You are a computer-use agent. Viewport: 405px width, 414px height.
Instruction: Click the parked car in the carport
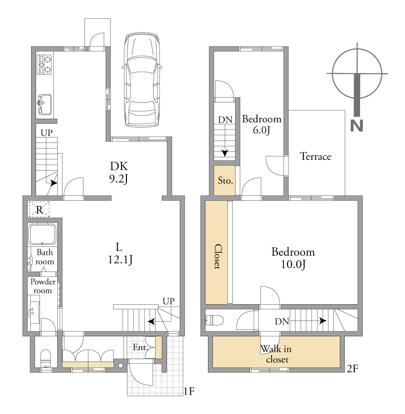pos(142,80)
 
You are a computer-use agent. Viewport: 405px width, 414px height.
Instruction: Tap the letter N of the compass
pos(357,126)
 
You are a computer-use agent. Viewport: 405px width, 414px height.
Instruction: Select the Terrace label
pos(315,156)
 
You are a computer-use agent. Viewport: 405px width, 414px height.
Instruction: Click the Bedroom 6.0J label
pos(262,124)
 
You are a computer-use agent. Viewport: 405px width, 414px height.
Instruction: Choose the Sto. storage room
pos(224,181)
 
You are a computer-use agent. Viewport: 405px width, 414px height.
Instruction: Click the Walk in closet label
pos(276,354)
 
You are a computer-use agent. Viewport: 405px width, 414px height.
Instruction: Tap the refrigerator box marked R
pos(39,209)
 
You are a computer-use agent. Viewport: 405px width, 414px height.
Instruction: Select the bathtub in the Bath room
pos(42,234)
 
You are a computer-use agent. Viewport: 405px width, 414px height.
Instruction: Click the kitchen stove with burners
pos(44,64)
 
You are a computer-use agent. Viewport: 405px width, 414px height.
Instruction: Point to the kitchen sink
pos(45,104)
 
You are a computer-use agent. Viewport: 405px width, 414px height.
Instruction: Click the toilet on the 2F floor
pos(214,321)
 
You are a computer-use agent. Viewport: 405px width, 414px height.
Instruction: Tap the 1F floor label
pos(189,391)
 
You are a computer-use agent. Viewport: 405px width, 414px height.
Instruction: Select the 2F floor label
pos(352,368)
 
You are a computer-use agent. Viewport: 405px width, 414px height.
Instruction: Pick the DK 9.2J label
pos(119,173)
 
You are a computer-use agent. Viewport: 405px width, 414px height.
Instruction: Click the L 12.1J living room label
pos(120,253)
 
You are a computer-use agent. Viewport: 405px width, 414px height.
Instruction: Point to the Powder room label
pos(42,286)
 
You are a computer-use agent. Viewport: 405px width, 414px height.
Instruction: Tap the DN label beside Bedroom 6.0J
pos(225,120)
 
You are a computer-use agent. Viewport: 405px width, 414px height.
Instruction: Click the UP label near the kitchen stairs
pos(46,133)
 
